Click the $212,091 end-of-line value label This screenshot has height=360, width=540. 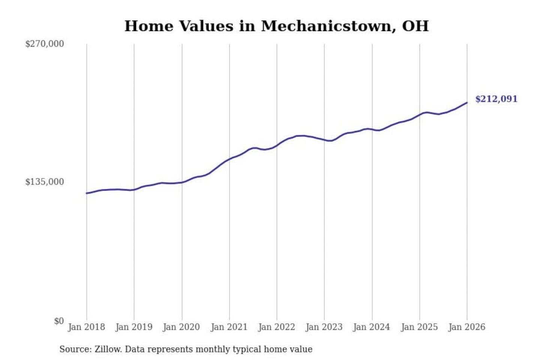(x=496, y=99)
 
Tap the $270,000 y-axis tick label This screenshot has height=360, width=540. (x=45, y=44)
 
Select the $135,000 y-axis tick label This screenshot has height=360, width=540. (x=45, y=182)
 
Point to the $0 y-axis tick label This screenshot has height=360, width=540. (x=59, y=321)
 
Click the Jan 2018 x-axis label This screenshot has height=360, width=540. (x=87, y=327)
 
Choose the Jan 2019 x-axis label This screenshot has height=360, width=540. (x=134, y=327)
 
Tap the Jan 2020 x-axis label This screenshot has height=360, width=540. (x=181, y=327)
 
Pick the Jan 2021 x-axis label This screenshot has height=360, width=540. (x=229, y=327)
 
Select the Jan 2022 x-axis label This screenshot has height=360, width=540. (x=277, y=327)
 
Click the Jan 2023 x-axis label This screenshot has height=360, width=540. (x=324, y=327)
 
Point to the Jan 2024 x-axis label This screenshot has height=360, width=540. (x=372, y=327)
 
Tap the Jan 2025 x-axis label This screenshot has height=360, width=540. (x=419, y=327)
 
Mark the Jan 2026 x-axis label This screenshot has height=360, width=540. (x=467, y=327)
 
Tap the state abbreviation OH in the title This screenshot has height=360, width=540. (x=415, y=26)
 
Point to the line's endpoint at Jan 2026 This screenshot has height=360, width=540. (x=467, y=102)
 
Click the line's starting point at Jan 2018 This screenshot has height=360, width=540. (x=87, y=193)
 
